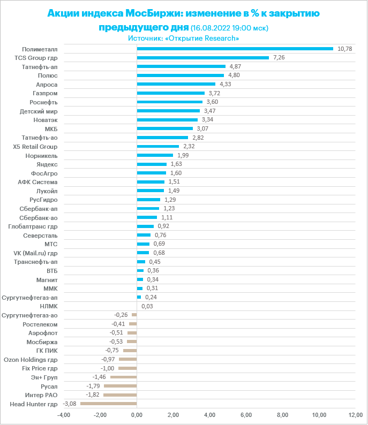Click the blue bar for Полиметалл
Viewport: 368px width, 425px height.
pos(235,49)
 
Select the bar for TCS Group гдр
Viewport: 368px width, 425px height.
pos(202,58)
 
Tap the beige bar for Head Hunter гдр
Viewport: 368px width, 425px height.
pos(109,404)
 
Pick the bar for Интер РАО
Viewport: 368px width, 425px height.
pos(120,395)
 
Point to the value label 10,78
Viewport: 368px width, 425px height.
pos(344,49)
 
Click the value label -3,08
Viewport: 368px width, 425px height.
pos(70,404)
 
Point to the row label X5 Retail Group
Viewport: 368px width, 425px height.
pos(35,146)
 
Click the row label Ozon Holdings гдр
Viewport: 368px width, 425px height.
pos(31,360)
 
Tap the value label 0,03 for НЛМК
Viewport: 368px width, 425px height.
pos(147,306)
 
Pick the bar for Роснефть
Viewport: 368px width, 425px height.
pos(169,102)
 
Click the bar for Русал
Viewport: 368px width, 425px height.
pos(120,386)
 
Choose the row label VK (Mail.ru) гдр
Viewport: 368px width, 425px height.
pos(35,253)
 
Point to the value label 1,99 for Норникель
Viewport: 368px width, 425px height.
pos(182,155)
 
